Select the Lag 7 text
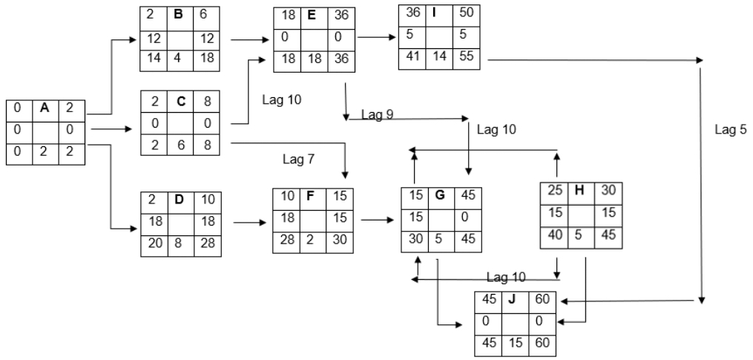coord(298,159)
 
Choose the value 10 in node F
coord(286,196)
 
